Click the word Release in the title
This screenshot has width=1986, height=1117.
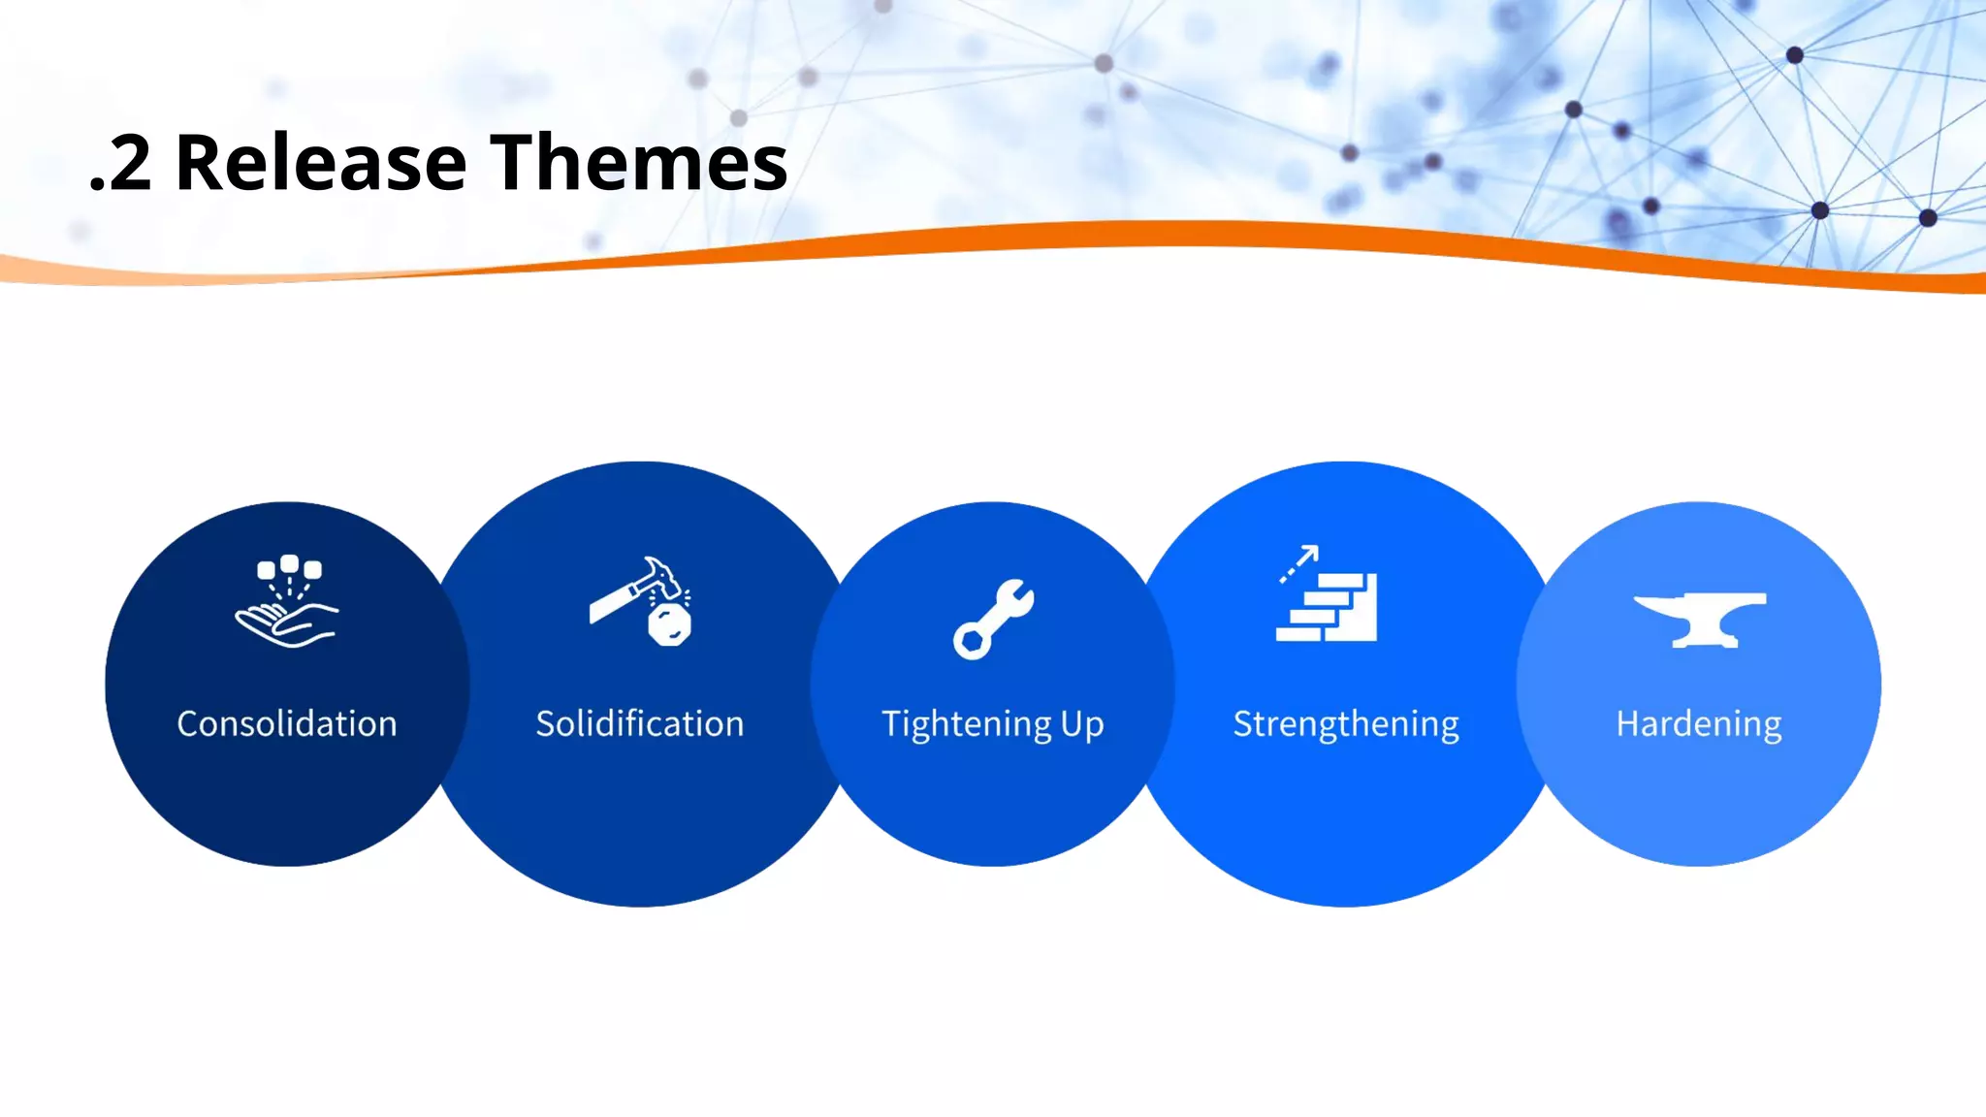pyautogui.click(x=321, y=163)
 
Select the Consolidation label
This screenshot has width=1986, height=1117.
pyautogui.click(x=287, y=724)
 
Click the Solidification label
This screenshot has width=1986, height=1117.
pyautogui.click(x=640, y=724)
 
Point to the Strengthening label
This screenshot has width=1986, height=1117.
pyautogui.click(x=1346, y=724)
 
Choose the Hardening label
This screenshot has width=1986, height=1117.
pyautogui.click(x=1699, y=724)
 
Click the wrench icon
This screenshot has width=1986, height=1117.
pyautogui.click(x=993, y=619)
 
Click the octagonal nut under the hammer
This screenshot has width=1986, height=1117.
pyautogui.click(x=669, y=625)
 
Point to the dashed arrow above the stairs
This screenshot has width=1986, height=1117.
pyautogui.click(x=1298, y=563)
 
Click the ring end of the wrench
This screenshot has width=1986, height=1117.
pyautogui.click(x=971, y=641)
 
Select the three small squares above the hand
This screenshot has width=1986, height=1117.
pyautogui.click(x=289, y=567)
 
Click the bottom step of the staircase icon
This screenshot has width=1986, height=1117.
pyautogui.click(x=1299, y=634)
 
